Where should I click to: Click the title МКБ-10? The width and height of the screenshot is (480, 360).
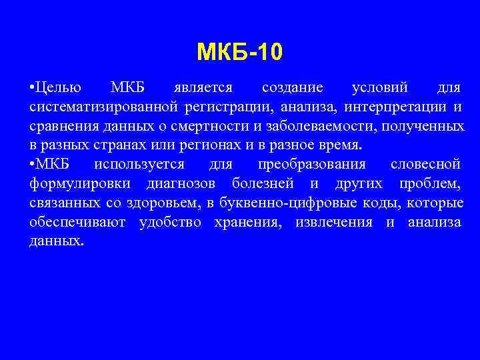(240, 51)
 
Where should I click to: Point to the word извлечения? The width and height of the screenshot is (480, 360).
(327, 222)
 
